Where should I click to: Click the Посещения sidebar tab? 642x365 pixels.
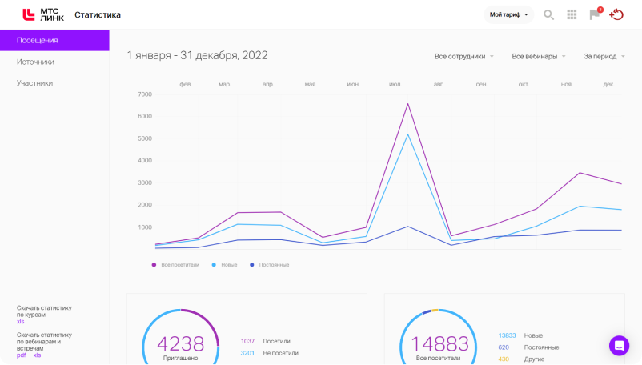[54, 40]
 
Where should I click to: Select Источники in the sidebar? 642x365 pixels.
[35, 62]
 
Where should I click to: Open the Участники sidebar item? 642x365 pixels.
[34, 83]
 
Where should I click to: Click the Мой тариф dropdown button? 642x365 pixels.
[508, 14]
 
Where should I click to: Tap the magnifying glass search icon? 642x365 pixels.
[548, 15]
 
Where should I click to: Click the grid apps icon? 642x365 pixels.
[572, 14]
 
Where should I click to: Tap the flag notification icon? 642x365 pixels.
[595, 14]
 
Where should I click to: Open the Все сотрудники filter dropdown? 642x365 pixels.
[464, 57]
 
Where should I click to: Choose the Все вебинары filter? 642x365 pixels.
[539, 57]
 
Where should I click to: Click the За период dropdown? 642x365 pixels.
[604, 57]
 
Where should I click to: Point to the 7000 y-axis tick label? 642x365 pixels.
[145, 94]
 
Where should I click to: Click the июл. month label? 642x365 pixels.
[395, 84]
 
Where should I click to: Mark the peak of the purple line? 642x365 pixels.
[407, 104]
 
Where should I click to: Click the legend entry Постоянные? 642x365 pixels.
[270, 265]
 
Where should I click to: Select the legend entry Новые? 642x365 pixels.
[224, 265]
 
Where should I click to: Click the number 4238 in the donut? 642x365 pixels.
[181, 343]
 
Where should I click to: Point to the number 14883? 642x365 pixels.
[439, 343]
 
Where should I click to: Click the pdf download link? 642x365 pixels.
[21, 355]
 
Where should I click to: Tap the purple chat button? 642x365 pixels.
[619, 346]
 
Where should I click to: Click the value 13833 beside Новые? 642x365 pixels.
[507, 335]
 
